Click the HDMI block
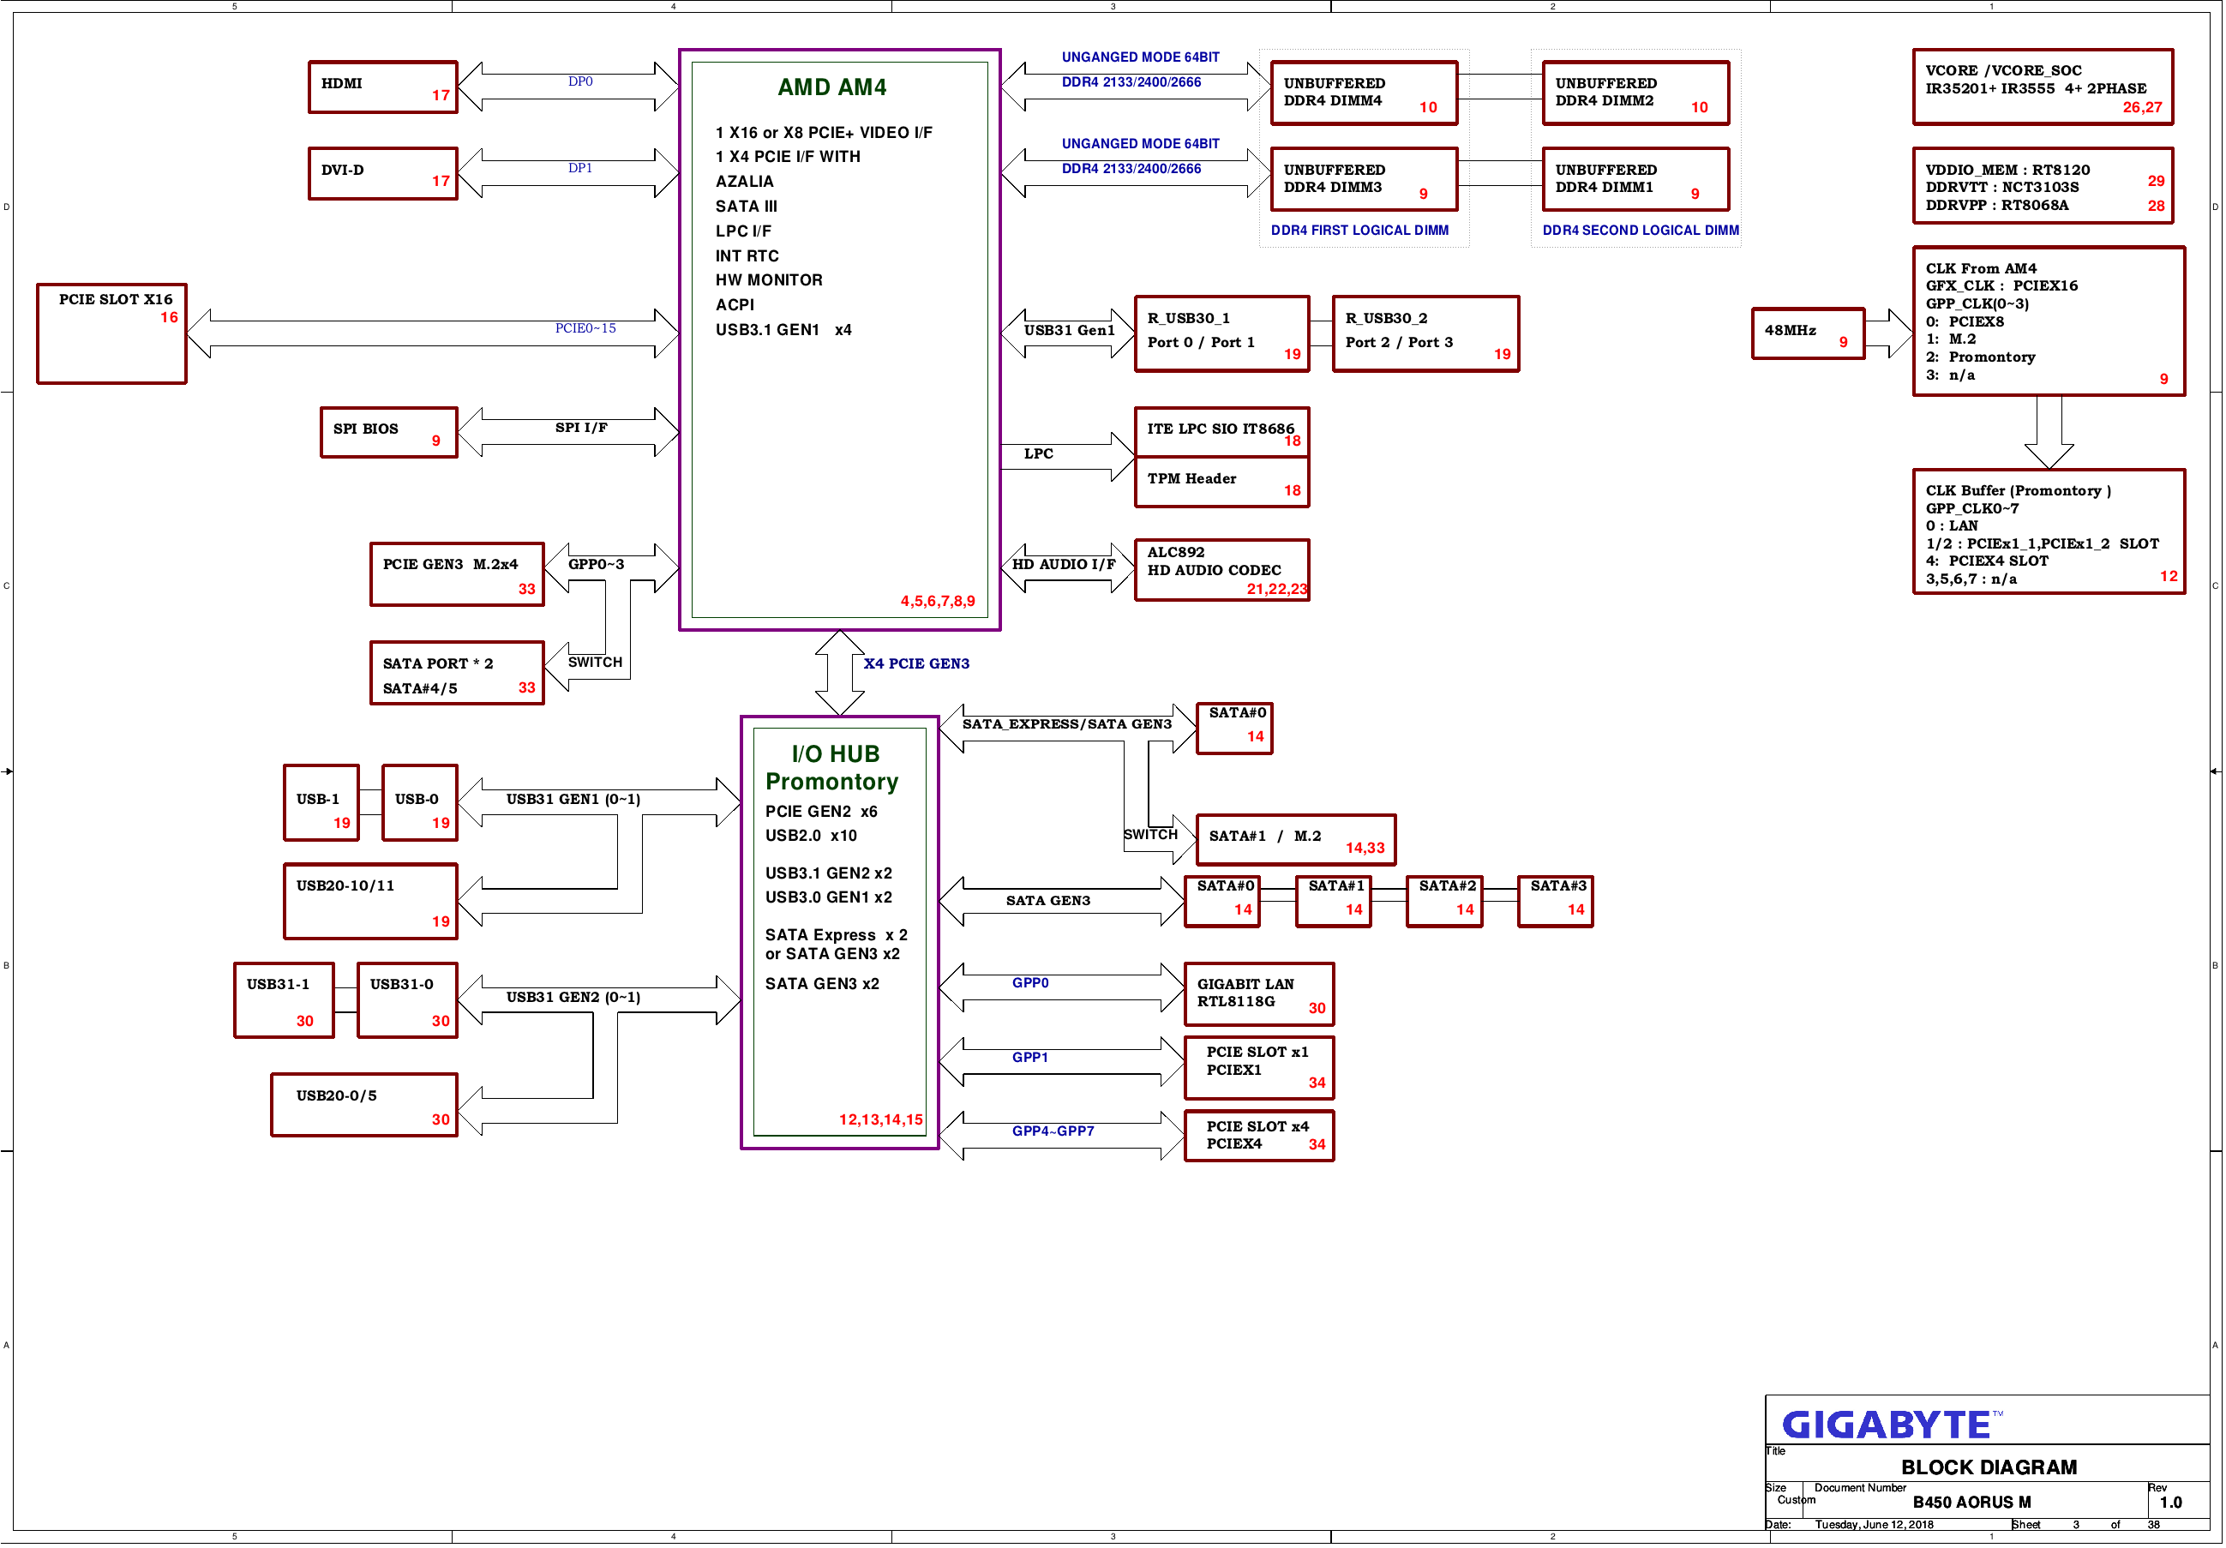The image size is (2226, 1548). [x=383, y=87]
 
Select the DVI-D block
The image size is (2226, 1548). [x=383, y=173]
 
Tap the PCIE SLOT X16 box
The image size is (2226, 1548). [x=111, y=333]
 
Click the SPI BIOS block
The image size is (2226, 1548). [x=389, y=432]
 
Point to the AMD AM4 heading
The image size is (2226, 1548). [x=831, y=87]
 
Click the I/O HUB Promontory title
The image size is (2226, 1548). [x=831, y=768]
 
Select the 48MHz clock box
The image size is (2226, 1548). [x=1808, y=333]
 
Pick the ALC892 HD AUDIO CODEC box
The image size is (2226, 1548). [x=1221, y=570]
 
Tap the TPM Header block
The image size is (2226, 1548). [x=1221, y=482]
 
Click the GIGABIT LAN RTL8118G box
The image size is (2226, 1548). [x=1259, y=994]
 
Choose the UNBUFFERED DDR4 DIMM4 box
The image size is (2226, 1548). [x=1364, y=93]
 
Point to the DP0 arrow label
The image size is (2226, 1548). [x=579, y=81]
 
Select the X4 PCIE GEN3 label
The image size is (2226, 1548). [x=916, y=664]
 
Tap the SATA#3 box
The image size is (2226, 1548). [x=1555, y=902]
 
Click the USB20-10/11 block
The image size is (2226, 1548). [x=370, y=902]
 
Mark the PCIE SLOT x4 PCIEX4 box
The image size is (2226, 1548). [x=1259, y=1136]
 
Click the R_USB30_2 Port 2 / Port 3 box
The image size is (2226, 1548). [x=1425, y=333]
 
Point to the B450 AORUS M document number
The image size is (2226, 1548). [x=1971, y=1503]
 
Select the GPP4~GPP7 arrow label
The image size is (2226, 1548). [x=1053, y=1131]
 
